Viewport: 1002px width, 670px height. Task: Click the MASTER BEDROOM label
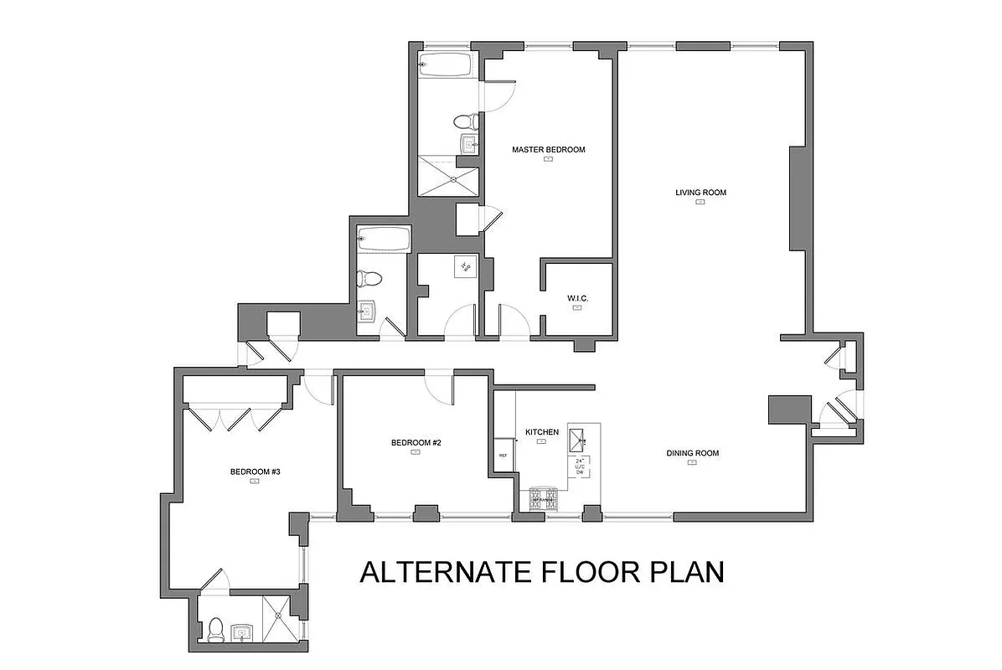click(548, 150)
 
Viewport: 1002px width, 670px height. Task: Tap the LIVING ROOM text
click(700, 193)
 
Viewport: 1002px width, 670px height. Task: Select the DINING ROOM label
click(692, 453)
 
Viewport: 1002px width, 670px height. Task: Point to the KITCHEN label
click(541, 432)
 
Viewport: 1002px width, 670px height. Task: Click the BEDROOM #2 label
click(416, 442)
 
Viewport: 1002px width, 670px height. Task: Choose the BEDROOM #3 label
click(255, 472)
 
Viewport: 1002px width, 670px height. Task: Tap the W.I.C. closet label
click(577, 297)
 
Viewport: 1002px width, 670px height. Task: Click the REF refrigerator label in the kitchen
click(503, 456)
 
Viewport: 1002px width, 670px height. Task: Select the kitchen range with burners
click(543, 499)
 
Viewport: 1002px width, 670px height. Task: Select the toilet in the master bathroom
click(466, 122)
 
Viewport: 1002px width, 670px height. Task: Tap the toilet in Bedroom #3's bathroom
click(216, 629)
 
